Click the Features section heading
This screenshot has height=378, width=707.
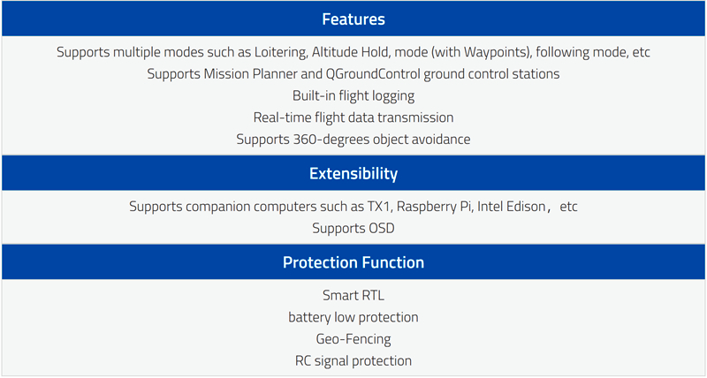coord(353,19)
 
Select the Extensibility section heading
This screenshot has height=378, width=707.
coord(353,173)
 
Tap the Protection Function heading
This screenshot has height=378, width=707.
coord(353,262)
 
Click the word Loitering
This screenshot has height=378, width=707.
coord(281,52)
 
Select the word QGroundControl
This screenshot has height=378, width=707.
coord(373,74)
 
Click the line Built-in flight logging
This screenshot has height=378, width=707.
coord(353,96)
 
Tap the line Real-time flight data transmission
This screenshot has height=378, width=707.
coord(353,117)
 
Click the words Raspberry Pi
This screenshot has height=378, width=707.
coord(435,207)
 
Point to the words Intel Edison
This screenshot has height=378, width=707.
coord(512,207)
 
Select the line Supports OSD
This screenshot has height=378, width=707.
coord(353,229)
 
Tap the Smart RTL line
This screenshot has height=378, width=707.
coord(353,295)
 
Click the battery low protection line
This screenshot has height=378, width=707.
coord(353,317)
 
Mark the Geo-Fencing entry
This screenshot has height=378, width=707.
coord(353,339)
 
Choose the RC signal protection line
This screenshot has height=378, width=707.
coord(353,361)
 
